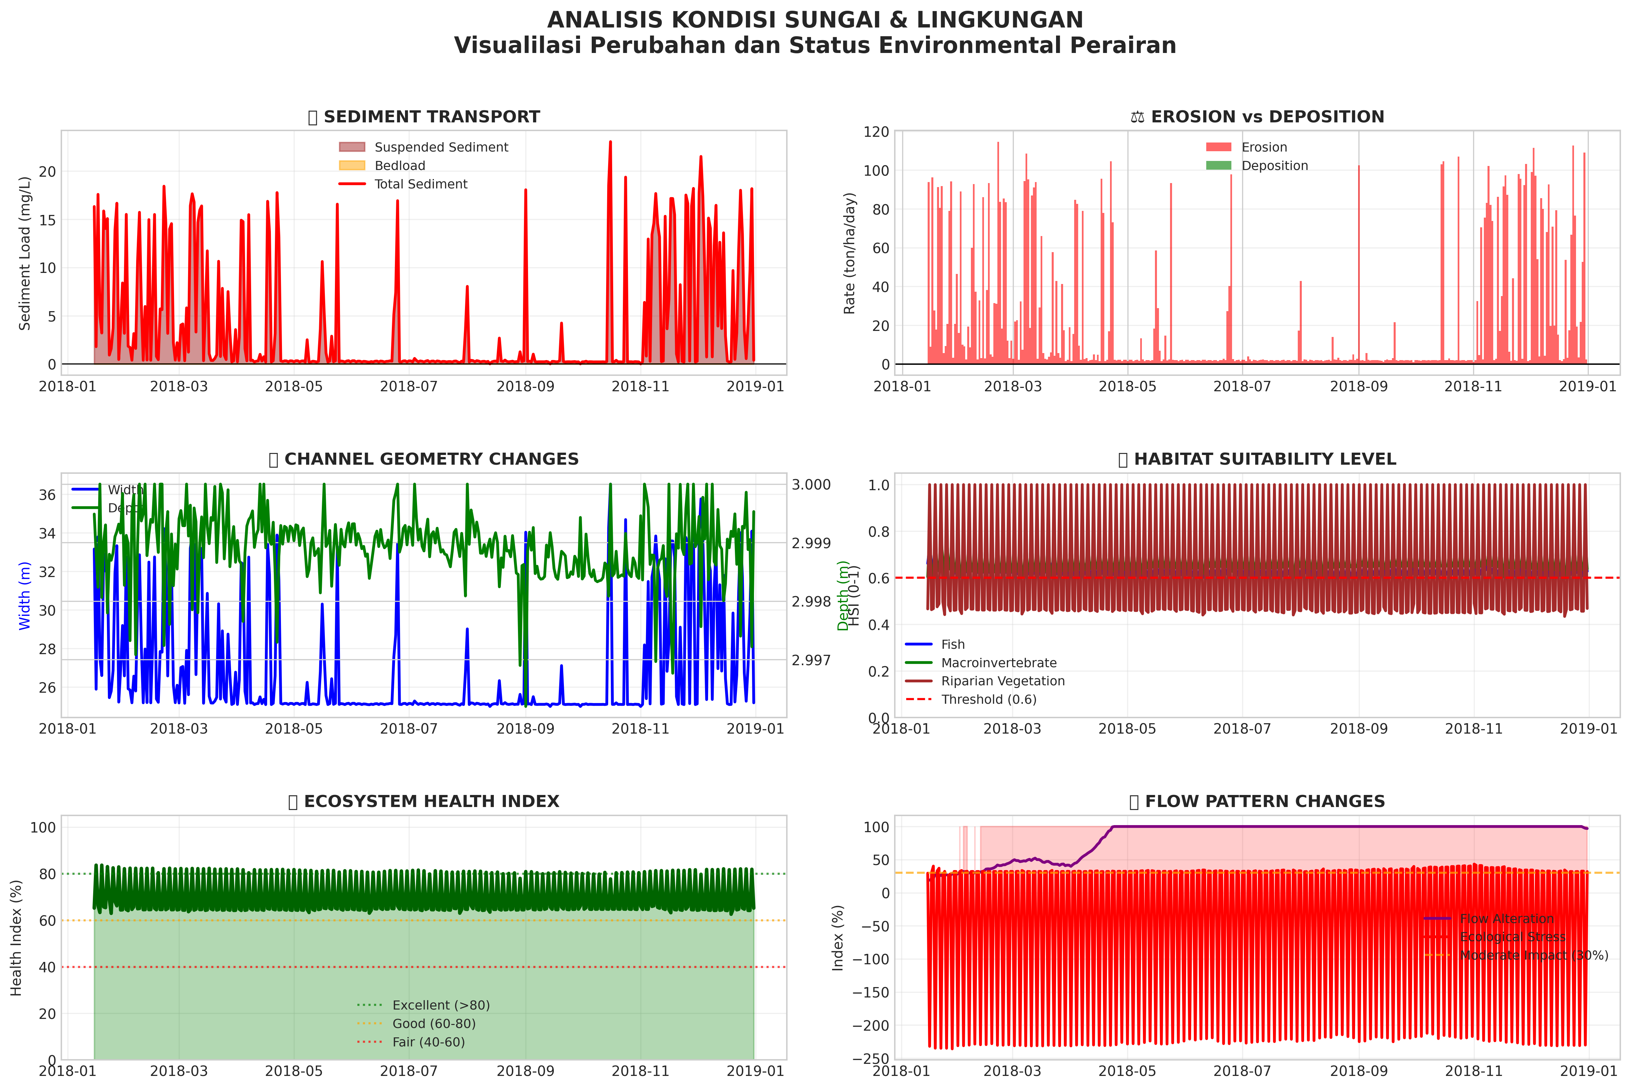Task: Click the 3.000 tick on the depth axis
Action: (811, 485)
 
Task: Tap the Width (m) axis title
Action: (25, 596)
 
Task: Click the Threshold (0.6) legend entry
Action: (988, 699)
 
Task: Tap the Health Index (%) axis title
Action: (17, 937)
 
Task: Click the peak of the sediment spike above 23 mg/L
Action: (610, 142)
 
